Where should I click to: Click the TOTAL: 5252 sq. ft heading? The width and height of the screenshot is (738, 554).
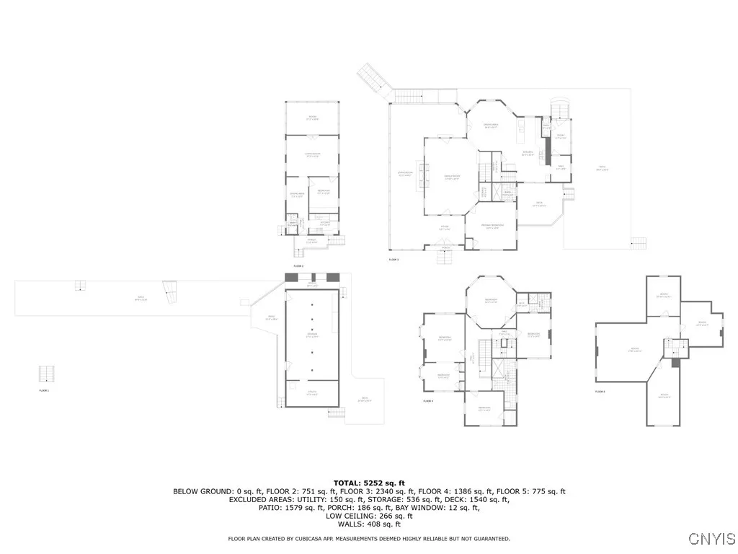click(x=369, y=483)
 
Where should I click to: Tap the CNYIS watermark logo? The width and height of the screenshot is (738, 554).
click(x=712, y=539)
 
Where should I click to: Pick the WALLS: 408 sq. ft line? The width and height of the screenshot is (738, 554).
click(x=369, y=524)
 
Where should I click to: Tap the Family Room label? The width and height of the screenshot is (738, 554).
click(x=452, y=177)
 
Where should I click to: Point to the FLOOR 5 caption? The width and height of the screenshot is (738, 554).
click(x=600, y=392)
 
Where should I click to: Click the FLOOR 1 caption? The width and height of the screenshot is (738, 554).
click(x=43, y=390)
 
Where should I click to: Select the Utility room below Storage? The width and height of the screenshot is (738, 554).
click(x=312, y=392)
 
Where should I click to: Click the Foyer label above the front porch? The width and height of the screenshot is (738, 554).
click(x=445, y=228)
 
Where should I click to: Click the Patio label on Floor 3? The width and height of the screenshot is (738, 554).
click(x=603, y=169)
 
